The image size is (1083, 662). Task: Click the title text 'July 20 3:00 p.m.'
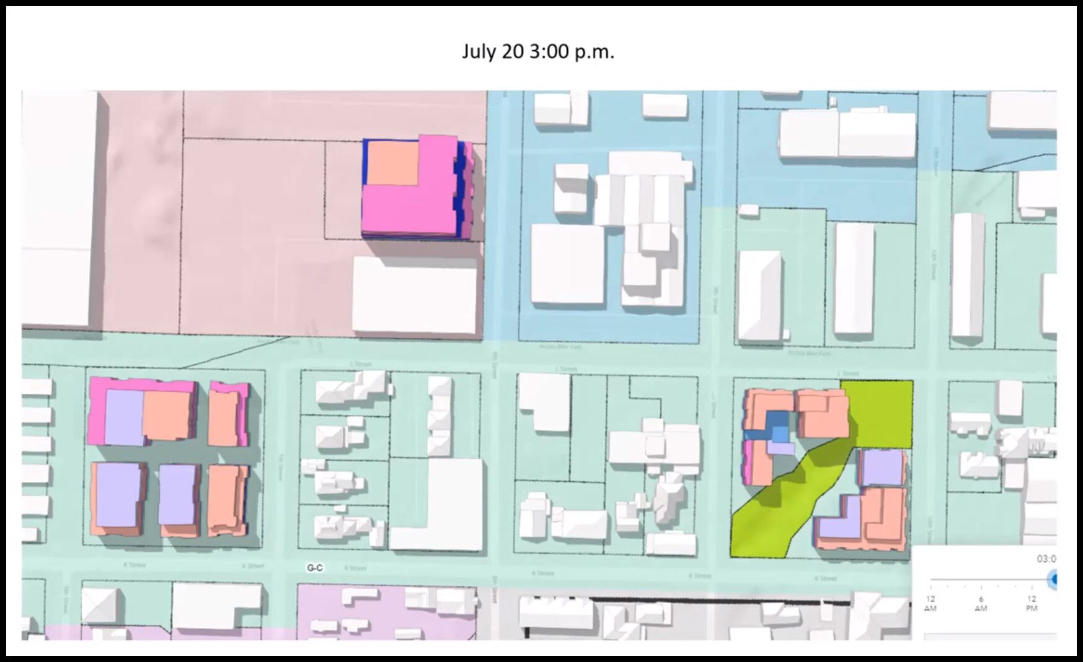pos(537,51)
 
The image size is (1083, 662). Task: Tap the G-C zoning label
pos(315,568)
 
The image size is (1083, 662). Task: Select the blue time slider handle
pos(1053,580)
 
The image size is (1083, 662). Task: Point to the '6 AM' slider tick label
pos(981,603)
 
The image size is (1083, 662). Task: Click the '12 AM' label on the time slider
pos(930,603)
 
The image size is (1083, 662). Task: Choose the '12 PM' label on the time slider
pos(1032,603)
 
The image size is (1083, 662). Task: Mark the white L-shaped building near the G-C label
pos(446,508)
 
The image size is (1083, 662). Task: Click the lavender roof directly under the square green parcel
pos(880,468)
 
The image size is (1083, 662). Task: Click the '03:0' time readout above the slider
pos(1046,559)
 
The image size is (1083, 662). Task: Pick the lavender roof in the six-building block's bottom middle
pos(178,494)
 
